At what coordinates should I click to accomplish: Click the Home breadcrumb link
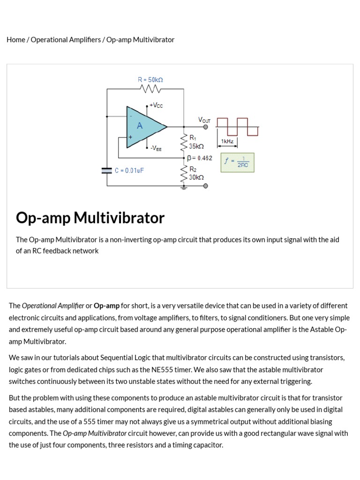coord(15,40)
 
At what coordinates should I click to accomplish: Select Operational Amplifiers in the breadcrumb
coord(66,40)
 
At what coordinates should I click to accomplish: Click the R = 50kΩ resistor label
coord(150,80)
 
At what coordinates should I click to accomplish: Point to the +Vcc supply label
coord(156,106)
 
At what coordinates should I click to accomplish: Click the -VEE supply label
coord(156,148)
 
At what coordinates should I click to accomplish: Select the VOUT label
coord(204,120)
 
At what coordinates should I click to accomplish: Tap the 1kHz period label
coord(227,141)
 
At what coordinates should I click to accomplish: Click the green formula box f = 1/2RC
coord(237,162)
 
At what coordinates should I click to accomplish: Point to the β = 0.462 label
coord(199,158)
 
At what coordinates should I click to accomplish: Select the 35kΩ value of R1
coord(196,147)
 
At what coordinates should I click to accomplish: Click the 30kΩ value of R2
coord(196,178)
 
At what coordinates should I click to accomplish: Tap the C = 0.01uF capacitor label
coord(129,171)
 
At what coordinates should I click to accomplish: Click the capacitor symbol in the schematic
coord(107,171)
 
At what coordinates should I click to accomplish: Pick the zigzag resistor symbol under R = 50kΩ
coord(150,89)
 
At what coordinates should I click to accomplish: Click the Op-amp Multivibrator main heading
coord(90,218)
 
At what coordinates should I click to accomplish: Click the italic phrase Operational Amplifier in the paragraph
coord(53,306)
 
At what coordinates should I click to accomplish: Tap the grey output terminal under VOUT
coord(205,127)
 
